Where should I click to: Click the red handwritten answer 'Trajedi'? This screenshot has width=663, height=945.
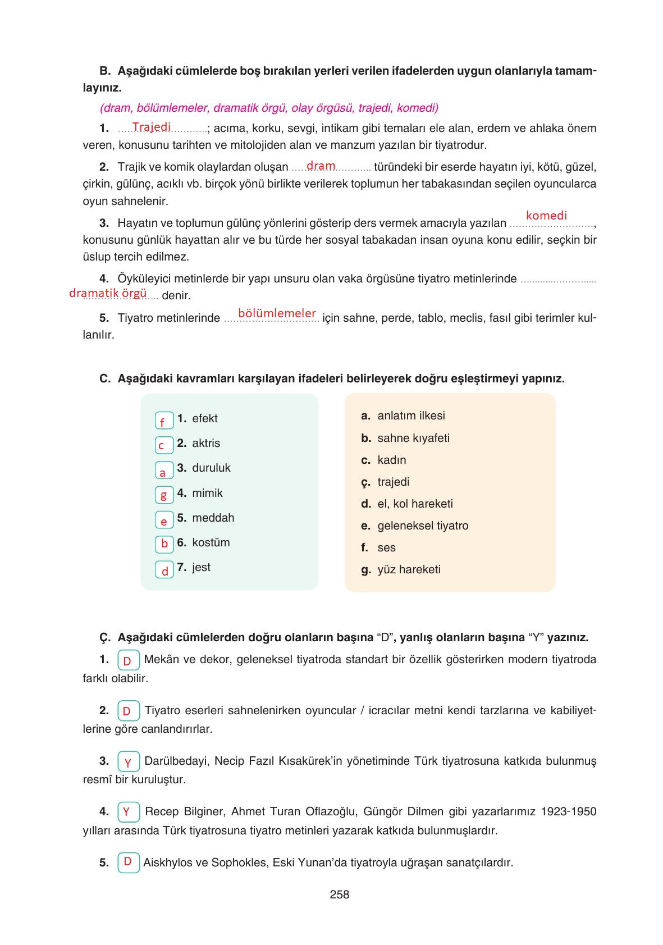[x=152, y=127]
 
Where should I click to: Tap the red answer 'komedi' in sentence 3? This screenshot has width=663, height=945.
[x=546, y=215]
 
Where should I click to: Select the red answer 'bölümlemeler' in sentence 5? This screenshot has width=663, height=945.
[x=277, y=313]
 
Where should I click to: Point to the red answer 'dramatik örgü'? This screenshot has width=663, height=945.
[x=108, y=293]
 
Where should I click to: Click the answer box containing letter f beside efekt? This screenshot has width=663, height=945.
[x=164, y=421]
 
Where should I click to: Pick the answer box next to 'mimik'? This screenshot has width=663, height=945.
[x=164, y=495]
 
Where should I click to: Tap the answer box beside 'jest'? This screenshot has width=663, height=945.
[x=164, y=570]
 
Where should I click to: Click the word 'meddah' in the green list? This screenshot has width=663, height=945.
[x=213, y=518]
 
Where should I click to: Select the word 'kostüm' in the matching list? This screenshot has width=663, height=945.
[x=211, y=542]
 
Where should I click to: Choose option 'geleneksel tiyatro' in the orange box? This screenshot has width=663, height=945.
[x=423, y=526]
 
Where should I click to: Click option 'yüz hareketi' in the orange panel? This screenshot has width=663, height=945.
[x=409, y=569]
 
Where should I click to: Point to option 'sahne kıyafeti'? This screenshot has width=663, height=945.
[x=413, y=438]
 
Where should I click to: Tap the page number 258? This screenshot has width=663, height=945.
[x=340, y=894]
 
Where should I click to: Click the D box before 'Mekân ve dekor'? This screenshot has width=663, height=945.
[x=129, y=660]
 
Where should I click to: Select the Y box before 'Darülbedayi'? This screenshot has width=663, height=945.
[x=129, y=763]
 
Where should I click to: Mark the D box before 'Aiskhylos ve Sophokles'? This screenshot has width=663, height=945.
[x=129, y=862]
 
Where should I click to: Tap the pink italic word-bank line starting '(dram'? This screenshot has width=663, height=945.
[x=269, y=108]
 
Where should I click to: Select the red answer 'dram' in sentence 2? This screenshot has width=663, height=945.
[x=321, y=166]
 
